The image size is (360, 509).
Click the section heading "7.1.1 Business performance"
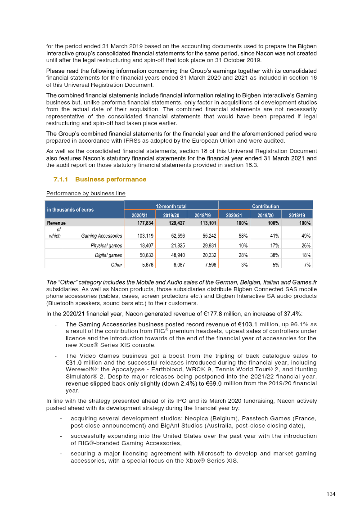tap(100, 180)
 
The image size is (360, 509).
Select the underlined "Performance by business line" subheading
tap(85, 194)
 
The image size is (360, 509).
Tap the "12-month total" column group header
tap(171, 206)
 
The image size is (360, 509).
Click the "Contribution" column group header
tap(265, 206)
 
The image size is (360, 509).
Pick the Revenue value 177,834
tap(139, 223)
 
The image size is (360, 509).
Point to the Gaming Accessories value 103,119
tap(139, 236)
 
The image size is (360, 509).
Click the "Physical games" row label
tap(106, 246)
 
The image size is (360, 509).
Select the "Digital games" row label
tap(108, 256)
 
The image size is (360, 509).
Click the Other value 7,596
tap(206, 265)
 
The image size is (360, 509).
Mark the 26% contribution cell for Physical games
tap(306, 246)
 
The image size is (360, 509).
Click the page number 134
tap(331, 494)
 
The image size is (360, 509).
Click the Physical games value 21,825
tap(172, 246)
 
